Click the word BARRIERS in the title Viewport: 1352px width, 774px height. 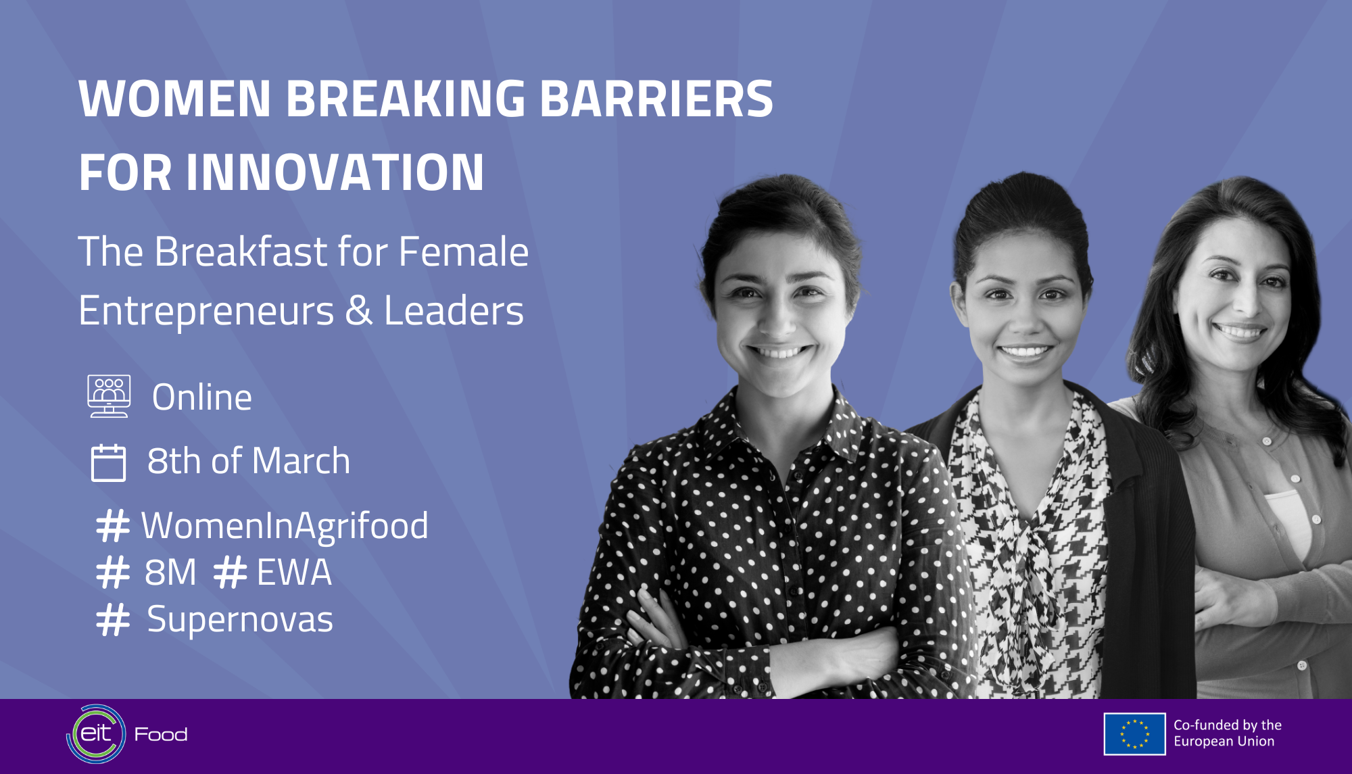point(656,99)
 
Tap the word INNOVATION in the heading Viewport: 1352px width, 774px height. point(335,172)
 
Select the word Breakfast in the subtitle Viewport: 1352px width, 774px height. point(241,251)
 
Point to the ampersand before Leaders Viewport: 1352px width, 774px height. point(359,311)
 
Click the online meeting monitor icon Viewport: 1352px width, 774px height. point(109,396)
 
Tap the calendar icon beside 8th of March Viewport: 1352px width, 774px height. point(108,462)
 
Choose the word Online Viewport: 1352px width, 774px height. point(202,397)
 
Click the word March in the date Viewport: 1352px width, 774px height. point(301,461)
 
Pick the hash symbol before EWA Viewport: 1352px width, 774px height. point(230,572)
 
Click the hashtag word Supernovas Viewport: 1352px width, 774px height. point(240,619)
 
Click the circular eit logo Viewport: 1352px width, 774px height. point(96,734)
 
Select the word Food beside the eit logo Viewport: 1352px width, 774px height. point(161,734)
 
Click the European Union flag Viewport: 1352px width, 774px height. point(1134,734)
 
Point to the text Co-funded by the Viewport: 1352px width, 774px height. point(1228,725)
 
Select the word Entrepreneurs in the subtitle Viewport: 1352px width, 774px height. point(206,312)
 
